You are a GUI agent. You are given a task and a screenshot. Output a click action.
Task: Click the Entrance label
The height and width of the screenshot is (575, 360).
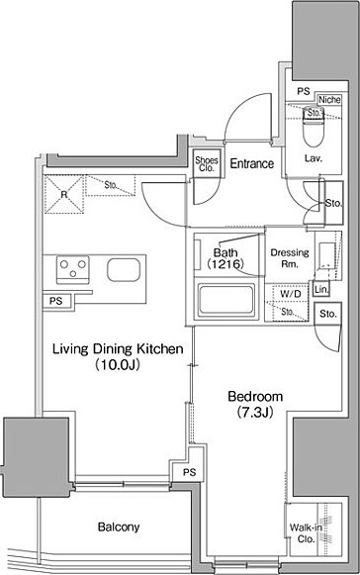[x=252, y=163]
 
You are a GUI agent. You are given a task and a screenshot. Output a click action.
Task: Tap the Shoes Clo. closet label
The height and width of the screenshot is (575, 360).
[x=207, y=164]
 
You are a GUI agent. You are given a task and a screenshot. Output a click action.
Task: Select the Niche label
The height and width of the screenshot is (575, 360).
[x=329, y=99]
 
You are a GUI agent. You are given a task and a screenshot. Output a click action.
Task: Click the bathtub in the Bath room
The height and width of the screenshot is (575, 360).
[x=225, y=299]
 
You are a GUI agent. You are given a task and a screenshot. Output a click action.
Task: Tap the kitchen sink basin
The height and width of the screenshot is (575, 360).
[x=124, y=270]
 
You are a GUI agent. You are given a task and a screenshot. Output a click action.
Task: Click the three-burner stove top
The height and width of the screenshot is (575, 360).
[x=73, y=269]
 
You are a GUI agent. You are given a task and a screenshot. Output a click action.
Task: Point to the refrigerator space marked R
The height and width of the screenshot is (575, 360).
[x=64, y=194]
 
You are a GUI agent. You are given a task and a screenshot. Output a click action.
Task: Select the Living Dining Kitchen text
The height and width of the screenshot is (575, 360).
[x=118, y=348]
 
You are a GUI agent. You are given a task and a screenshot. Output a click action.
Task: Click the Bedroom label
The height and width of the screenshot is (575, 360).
[x=255, y=397]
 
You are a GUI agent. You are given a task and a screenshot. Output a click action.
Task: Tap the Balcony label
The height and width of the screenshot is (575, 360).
[x=119, y=527]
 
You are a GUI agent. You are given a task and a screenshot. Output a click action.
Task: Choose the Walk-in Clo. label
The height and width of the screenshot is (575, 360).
[x=307, y=533]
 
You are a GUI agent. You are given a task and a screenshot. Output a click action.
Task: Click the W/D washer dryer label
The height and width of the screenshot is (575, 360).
[x=291, y=293]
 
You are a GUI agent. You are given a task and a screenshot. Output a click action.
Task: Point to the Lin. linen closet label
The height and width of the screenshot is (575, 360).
[x=321, y=290]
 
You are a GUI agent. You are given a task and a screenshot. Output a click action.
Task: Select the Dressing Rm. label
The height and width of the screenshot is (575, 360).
[x=290, y=257]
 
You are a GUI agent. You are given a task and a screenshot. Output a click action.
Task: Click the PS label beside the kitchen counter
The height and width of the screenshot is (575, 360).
[x=56, y=302]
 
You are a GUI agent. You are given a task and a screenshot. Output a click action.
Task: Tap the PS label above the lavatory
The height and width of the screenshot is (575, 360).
[x=304, y=91]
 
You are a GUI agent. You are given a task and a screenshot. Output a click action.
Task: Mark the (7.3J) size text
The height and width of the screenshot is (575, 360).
[x=255, y=413]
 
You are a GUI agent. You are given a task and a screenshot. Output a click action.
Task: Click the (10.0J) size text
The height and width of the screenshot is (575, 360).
[x=118, y=364]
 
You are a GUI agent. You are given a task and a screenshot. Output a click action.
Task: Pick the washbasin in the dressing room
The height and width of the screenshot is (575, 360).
[x=327, y=255]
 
